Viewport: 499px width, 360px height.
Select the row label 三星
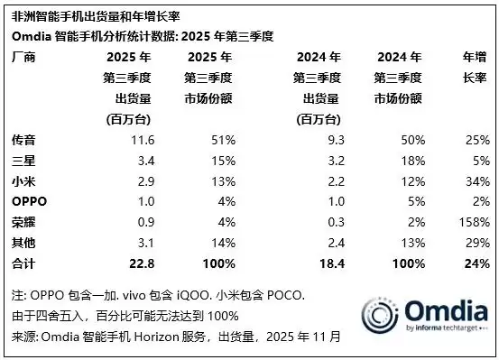click(x=21, y=161)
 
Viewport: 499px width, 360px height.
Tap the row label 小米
click(x=21, y=180)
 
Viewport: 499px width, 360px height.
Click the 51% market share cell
click(x=224, y=141)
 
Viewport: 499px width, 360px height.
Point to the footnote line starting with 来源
click(x=176, y=336)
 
